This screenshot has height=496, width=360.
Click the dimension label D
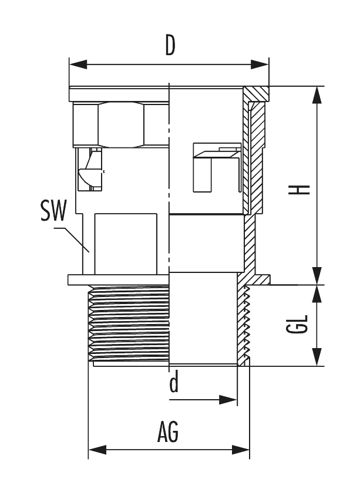(170, 45)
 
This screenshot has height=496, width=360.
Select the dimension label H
(302, 190)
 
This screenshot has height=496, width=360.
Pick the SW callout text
(53, 211)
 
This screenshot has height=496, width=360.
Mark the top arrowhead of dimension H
(317, 94)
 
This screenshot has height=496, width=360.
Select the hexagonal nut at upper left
(120, 124)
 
